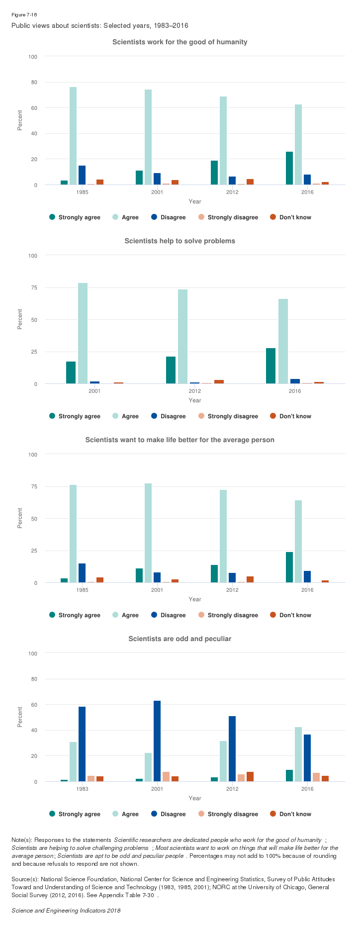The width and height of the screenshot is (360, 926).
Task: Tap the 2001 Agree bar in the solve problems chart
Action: (83, 333)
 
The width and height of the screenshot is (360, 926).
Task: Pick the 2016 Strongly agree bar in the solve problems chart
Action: (270, 366)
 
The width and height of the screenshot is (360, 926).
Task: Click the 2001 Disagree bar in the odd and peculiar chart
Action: (157, 741)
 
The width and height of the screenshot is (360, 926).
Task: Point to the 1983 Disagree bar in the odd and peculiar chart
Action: (82, 744)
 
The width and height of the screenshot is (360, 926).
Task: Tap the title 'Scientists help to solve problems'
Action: (180, 241)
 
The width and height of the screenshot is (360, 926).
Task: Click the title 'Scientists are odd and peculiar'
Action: (180, 639)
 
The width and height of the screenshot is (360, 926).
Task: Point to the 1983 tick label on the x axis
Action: (83, 789)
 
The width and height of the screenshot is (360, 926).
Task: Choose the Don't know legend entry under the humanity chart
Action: (291, 217)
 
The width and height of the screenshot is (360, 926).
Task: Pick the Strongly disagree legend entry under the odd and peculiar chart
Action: (228, 814)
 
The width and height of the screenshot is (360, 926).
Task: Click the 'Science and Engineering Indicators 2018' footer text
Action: (66, 911)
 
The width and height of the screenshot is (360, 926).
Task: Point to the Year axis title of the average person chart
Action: (195, 599)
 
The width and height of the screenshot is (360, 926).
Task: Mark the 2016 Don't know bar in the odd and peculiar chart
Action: (325, 778)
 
